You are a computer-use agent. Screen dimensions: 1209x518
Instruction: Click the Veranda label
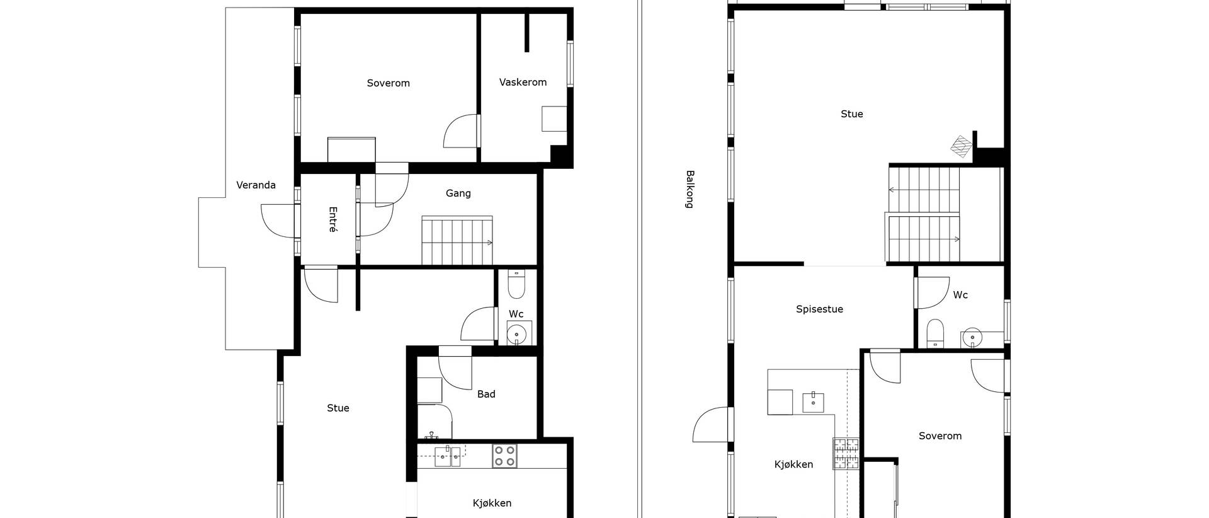(256, 185)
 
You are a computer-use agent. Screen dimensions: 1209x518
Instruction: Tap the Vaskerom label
(523, 82)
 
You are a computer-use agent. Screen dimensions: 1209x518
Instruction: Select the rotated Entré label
(332, 219)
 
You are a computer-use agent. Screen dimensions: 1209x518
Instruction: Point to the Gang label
(458, 193)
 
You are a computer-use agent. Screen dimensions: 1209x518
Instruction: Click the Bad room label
(486, 394)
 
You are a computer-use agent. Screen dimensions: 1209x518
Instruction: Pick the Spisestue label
(819, 309)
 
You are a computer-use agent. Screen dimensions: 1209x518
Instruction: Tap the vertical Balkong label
(690, 189)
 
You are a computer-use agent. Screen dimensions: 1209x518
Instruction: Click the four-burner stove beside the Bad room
(504, 456)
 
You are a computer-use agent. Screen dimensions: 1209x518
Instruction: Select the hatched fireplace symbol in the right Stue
(962, 146)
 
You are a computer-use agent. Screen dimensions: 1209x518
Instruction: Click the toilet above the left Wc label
(516, 285)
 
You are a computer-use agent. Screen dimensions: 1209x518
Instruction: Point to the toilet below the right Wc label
(936, 333)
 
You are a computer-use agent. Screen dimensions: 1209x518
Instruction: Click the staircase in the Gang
(457, 240)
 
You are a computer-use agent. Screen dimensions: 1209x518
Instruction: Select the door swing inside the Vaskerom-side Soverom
(461, 130)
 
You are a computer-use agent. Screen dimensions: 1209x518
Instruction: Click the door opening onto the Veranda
(278, 221)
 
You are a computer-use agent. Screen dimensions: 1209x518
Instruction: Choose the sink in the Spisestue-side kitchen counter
(813, 401)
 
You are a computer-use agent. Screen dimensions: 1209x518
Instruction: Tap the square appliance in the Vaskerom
(554, 118)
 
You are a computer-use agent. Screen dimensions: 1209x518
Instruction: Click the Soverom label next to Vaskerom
(388, 83)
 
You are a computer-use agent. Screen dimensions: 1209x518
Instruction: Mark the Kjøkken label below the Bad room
(492, 503)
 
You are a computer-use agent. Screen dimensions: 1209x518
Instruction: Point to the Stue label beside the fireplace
(851, 114)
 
